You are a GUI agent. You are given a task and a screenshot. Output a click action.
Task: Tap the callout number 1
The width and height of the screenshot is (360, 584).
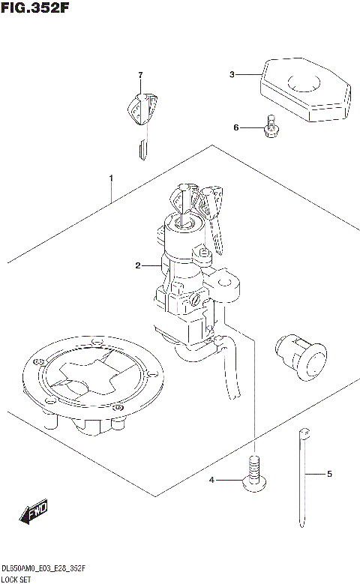tap(110, 178)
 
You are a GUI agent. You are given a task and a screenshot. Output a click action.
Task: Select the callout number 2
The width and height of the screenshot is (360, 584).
tap(138, 265)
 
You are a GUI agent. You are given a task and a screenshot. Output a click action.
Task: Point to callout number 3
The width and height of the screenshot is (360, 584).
tap(232, 74)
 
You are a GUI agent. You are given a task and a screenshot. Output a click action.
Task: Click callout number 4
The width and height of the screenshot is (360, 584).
tap(212, 479)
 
